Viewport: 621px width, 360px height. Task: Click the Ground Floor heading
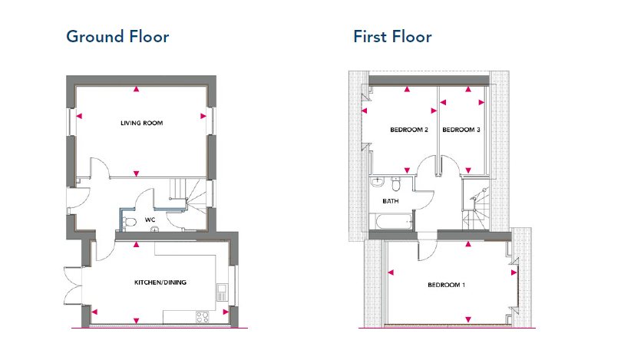117,36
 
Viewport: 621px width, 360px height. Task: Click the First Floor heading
392,36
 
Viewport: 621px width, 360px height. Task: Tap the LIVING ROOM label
142,123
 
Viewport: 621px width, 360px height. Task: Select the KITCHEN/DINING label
160,282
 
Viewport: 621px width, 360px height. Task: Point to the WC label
150,220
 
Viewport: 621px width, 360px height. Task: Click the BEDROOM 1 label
446,285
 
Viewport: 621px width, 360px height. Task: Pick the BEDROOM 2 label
409,130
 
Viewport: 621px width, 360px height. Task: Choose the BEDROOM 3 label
461,130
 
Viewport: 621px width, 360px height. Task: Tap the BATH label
391,201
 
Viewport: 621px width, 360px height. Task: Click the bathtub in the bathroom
391,222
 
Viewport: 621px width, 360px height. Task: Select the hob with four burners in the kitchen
203,317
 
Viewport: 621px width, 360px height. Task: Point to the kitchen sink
221,292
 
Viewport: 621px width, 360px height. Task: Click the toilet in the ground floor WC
129,222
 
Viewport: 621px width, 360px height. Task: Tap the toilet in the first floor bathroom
396,183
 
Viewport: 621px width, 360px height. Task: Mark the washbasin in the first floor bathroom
378,182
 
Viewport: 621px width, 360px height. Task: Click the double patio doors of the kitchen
73,286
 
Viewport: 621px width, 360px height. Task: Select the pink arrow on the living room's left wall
79,116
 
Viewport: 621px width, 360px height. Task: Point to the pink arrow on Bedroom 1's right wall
514,272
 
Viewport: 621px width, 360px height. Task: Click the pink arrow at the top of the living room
136,89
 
